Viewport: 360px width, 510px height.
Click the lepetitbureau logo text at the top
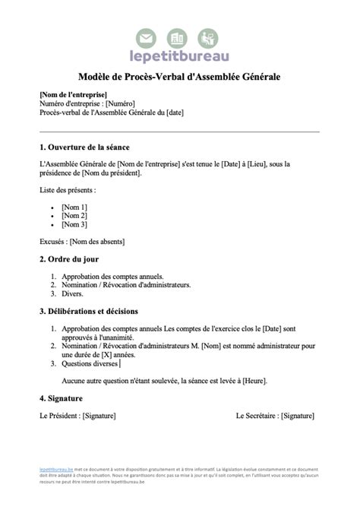click(179, 55)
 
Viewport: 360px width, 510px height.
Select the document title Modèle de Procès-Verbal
click(179, 77)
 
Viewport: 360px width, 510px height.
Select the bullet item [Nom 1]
click(74, 206)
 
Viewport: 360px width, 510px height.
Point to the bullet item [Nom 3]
click(74, 224)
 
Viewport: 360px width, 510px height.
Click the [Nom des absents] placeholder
click(96, 242)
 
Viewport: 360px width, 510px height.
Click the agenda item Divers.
click(73, 293)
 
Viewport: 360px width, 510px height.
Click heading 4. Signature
click(61, 398)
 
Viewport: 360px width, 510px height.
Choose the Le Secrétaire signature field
click(275, 416)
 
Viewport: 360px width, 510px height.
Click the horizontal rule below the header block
click(179, 132)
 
